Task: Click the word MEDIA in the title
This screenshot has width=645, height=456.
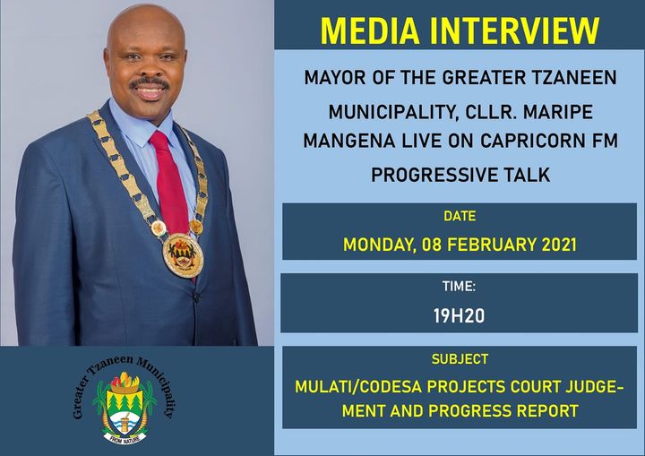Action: coord(370,30)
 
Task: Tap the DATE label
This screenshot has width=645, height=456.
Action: coord(460,216)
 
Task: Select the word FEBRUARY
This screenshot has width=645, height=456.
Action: coord(492,245)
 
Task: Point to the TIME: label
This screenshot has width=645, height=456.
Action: coord(459,286)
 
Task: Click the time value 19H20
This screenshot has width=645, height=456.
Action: coord(459,316)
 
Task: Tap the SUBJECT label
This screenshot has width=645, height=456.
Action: coord(460,359)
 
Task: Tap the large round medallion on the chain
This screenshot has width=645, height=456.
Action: coord(183,255)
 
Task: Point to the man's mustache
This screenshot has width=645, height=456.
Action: coord(150,82)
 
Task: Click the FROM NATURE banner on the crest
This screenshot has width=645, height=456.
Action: coord(125,438)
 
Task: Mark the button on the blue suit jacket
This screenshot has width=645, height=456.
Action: coord(196,297)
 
